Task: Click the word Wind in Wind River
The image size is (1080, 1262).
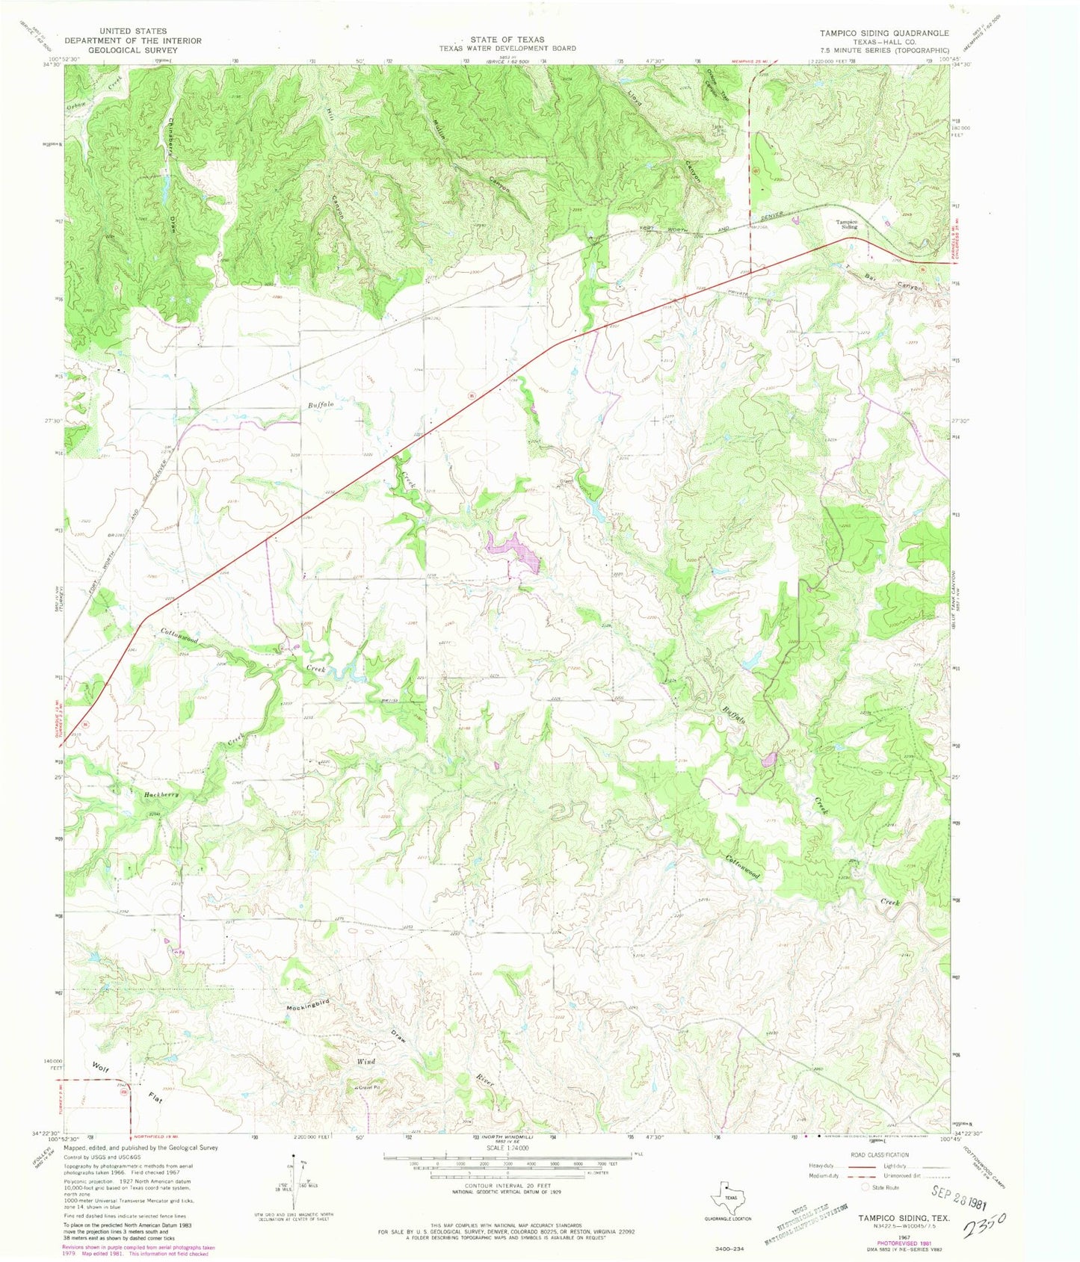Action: coord(365,1061)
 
